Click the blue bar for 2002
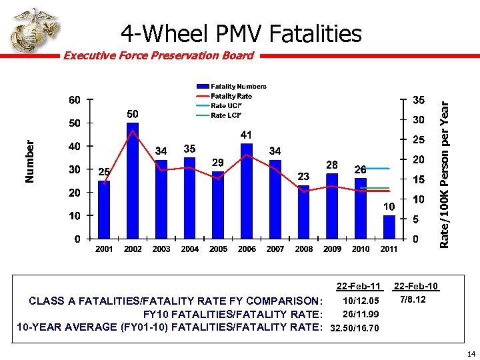pos(133,180)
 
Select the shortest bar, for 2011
pos(389,227)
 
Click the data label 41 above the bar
pos(247,135)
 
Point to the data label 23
pos(303,176)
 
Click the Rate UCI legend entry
pos(226,105)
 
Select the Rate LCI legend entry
pos(226,115)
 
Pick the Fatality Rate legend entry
pos(231,96)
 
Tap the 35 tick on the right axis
pos(419,101)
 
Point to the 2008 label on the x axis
pos(303,249)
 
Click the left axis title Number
pos(29,161)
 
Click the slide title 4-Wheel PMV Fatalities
pos(241,33)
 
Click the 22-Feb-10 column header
pos(416,287)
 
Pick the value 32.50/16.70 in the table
pos(355,328)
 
